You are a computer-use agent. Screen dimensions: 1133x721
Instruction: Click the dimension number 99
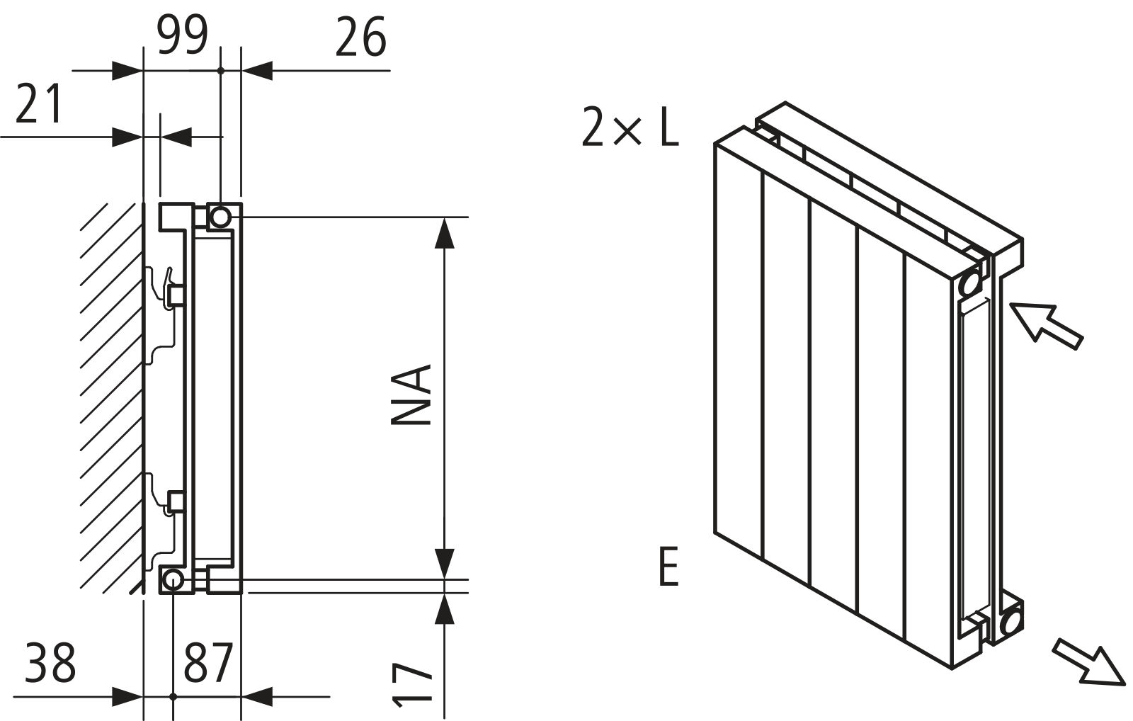pos(182,35)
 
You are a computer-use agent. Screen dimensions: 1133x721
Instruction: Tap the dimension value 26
pos(360,37)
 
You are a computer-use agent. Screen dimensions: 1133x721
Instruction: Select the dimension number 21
pos(38,104)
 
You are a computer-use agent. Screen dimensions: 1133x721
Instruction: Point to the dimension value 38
pos(50,662)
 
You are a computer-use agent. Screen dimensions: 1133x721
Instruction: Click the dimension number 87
pos(208,662)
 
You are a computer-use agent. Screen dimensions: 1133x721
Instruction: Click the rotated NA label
pos(411,394)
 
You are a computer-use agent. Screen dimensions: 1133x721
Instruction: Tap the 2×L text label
pos(630,127)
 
